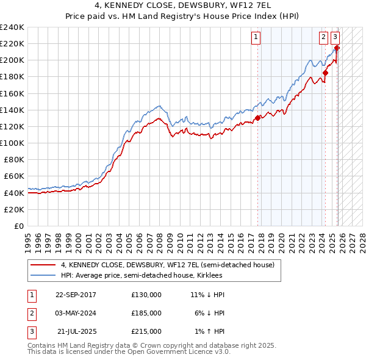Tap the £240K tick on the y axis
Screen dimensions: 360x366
[12, 27]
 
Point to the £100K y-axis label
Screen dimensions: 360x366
[12, 143]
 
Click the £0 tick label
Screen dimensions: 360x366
[18, 226]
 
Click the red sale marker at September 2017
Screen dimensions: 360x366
[257, 118]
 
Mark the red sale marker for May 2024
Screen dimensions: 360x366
[325, 73]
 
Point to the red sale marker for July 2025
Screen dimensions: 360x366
[337, 48]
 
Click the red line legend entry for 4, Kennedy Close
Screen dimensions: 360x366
[168, 265]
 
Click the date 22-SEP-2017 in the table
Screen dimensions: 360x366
[76, 295]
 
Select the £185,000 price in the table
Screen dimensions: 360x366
[146, 313]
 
